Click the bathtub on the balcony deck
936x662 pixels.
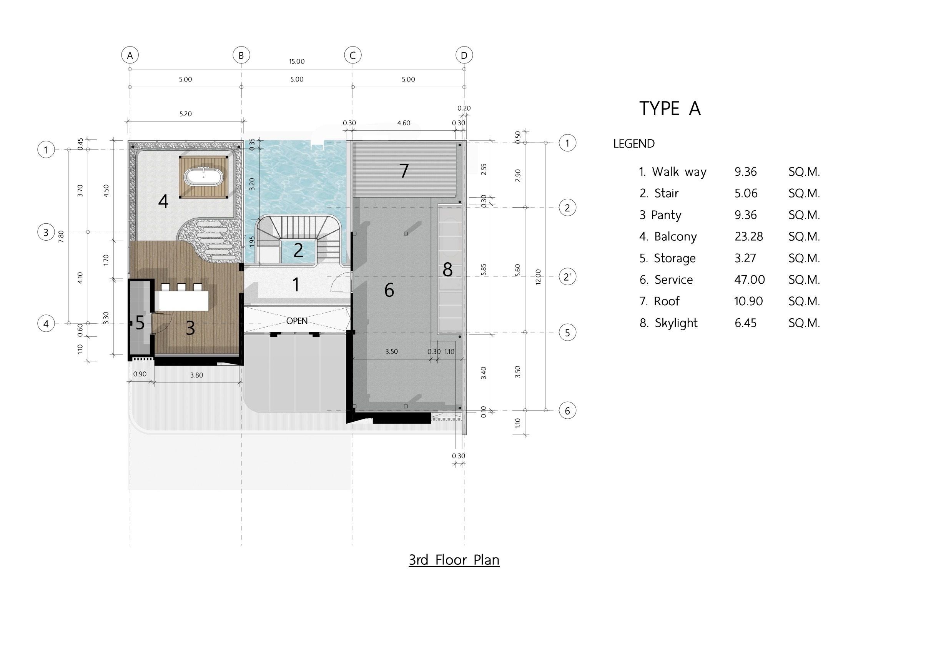click(203, 177)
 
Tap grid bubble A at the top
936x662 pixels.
click(130, 55)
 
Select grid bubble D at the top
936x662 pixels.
click(464, 55)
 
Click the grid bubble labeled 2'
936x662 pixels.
click(567, 277)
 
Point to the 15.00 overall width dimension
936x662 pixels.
click(297, 62)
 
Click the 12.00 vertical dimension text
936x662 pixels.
click(538, 277)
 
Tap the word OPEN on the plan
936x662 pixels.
click(297, 321)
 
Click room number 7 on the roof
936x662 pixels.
click(404, 171)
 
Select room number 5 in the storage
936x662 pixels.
click(140, 323)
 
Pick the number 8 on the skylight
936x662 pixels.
click(447, 269)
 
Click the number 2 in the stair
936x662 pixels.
click(298, 250)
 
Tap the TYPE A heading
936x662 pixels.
click(670, 108)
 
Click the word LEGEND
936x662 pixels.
click(634, 143)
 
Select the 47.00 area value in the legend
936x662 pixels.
click(750, 279)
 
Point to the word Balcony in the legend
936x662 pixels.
click(675, 236)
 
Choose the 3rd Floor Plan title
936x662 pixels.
click(454, 560)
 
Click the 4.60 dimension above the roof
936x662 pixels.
click(404, 123)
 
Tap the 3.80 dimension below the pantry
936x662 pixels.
click(196, 375)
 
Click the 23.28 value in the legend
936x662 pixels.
click(749, 236)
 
